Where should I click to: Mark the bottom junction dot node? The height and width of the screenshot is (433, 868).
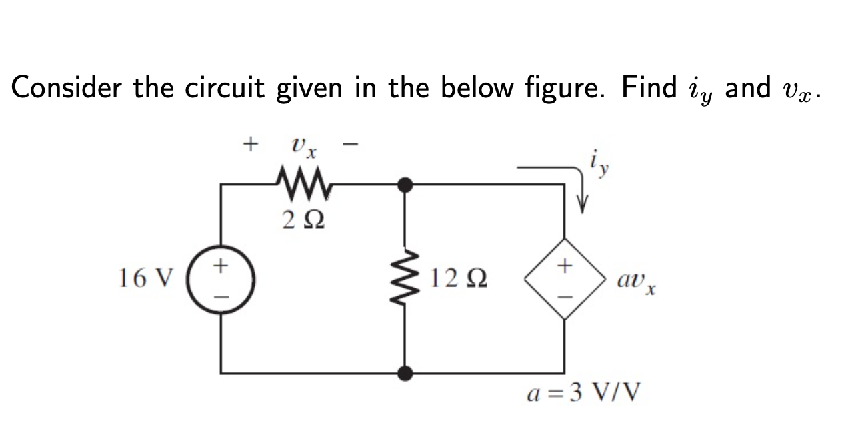tap(405, 373)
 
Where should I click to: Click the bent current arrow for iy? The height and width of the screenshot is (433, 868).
tap(560, 181)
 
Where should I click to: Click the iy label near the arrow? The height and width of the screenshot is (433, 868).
tap(597, 162)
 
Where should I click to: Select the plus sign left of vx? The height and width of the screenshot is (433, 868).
tap(251, 143)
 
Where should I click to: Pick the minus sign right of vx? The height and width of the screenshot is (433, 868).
tap(353, 143)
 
